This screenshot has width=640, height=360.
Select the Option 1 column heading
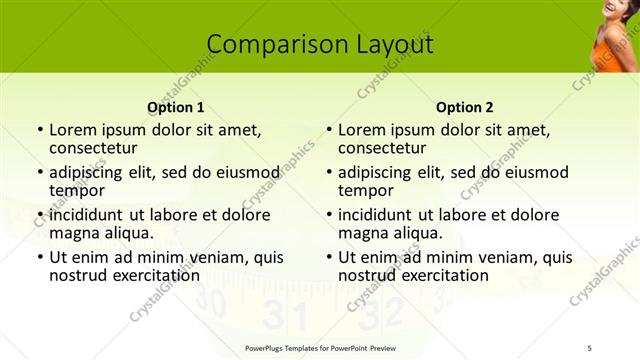(x=176, y=107)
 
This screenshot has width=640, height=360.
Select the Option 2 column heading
(x=465, y=107)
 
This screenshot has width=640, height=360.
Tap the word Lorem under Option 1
(x=72, y=130)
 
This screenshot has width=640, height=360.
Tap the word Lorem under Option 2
(x=361, y=130)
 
